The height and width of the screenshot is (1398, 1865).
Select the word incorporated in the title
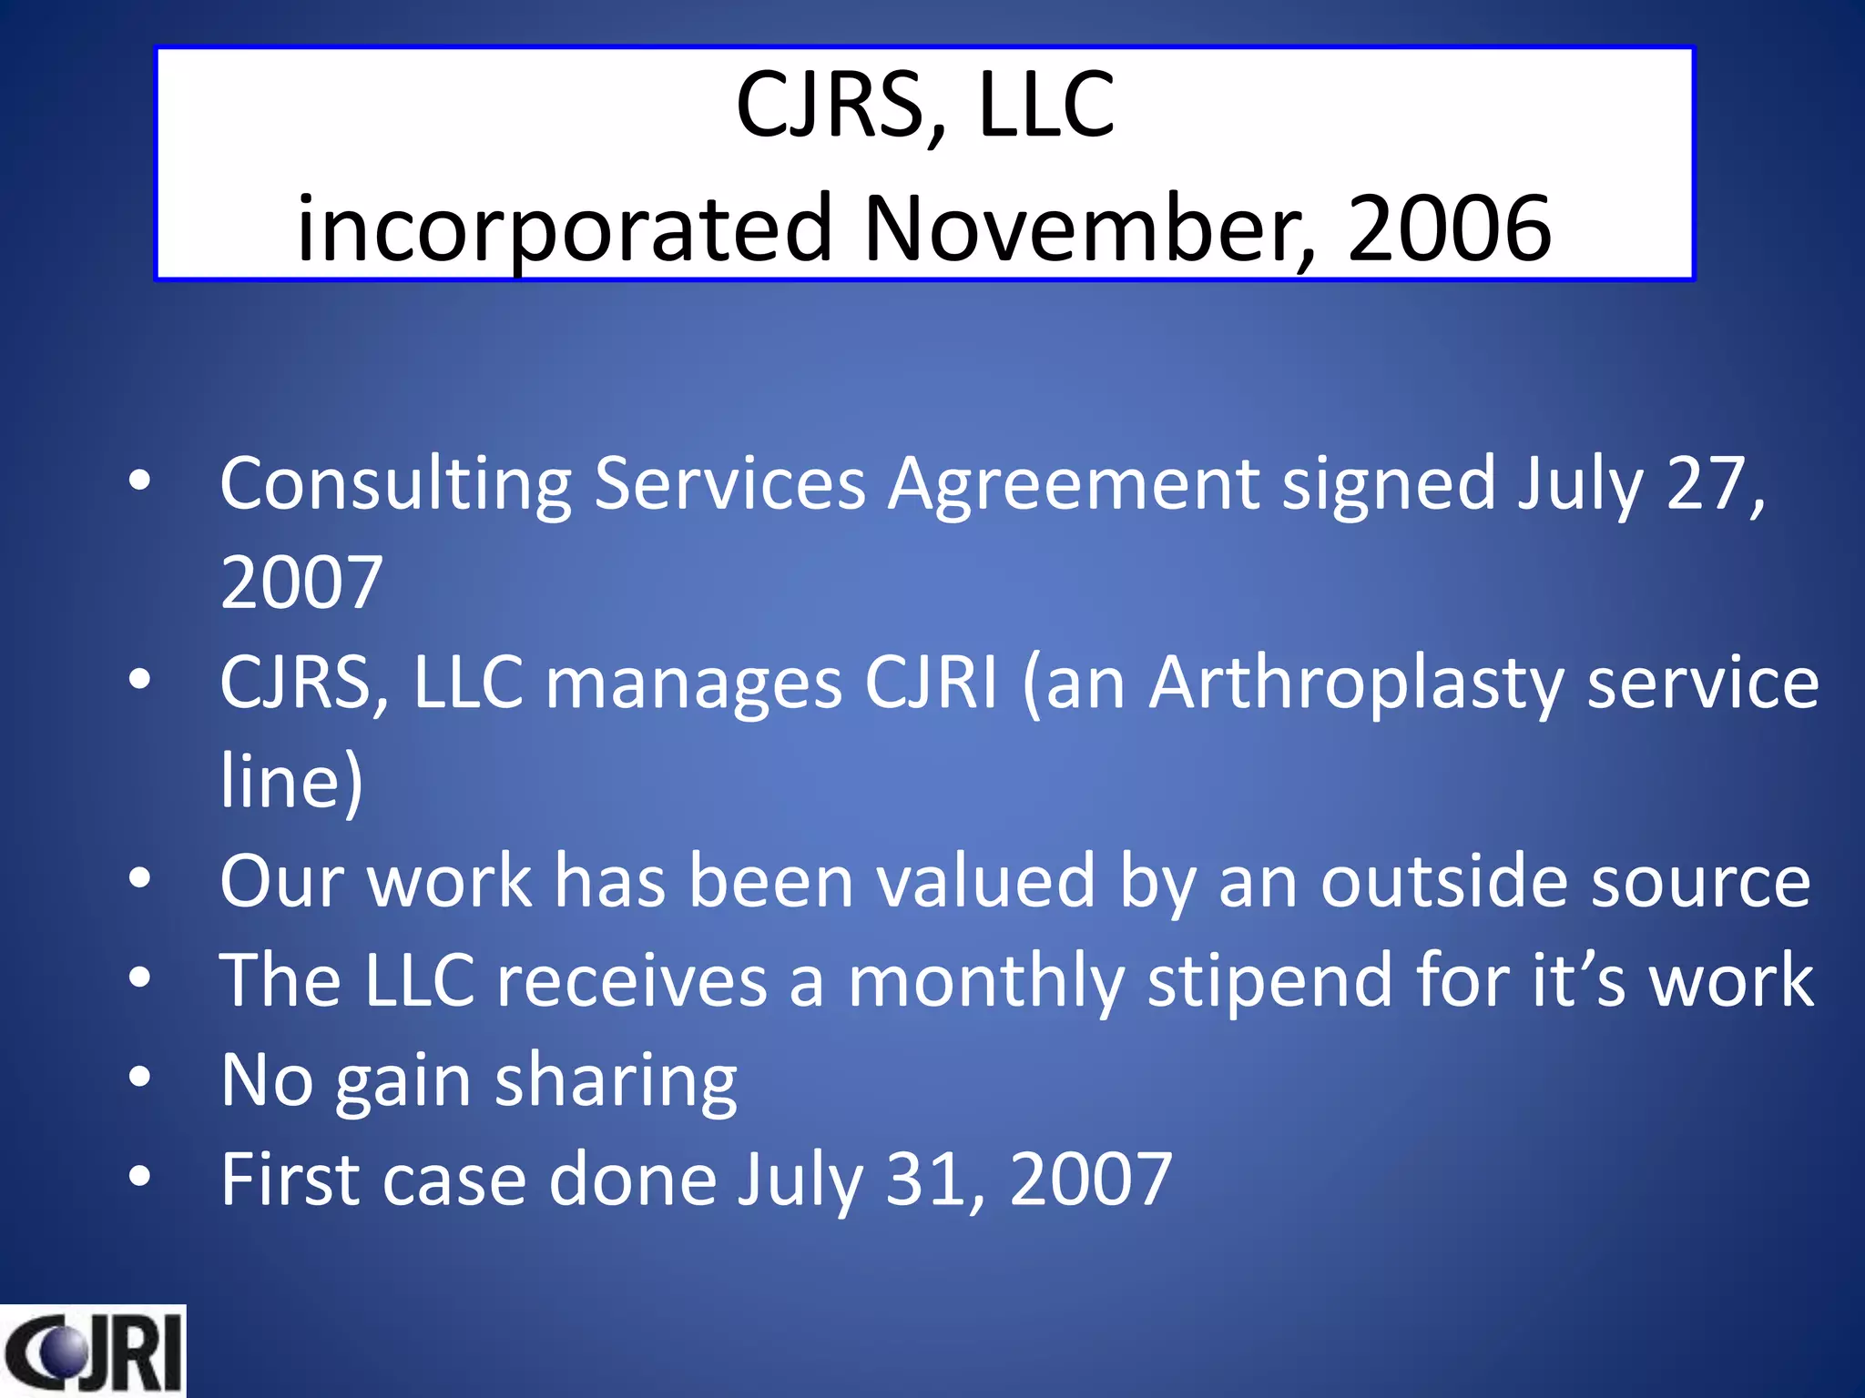(565, 229)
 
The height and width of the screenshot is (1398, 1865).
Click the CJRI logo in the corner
(92, 1351)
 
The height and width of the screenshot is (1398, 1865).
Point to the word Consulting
(395, 484)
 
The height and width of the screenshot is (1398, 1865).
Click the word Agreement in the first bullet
(1074, 484)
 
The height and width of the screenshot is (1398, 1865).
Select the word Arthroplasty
(1356, 684)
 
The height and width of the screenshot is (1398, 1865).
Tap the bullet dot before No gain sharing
(139, 1078)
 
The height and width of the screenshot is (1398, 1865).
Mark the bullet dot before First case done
(139, 1176)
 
